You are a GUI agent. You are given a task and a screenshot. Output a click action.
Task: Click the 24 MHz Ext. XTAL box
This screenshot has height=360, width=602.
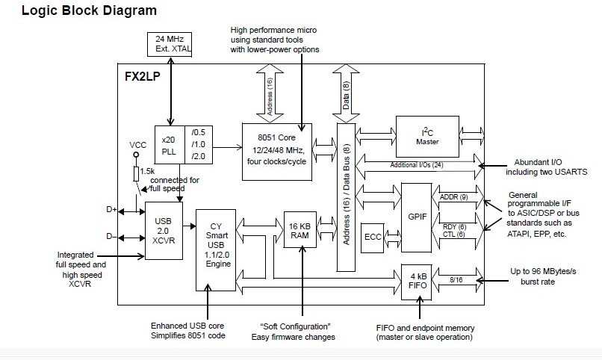tap(172, 44)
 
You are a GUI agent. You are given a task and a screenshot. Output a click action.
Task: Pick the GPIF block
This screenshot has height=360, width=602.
tap(416, 217)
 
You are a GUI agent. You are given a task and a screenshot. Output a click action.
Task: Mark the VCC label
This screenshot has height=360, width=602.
tap(137, 144)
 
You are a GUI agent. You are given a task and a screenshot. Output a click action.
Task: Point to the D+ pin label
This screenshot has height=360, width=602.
tap(112, 211)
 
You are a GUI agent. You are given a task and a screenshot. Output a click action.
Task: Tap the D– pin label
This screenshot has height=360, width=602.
tap(112, 238)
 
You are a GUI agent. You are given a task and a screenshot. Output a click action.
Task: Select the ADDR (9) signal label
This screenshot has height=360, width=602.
tap(453, 197)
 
